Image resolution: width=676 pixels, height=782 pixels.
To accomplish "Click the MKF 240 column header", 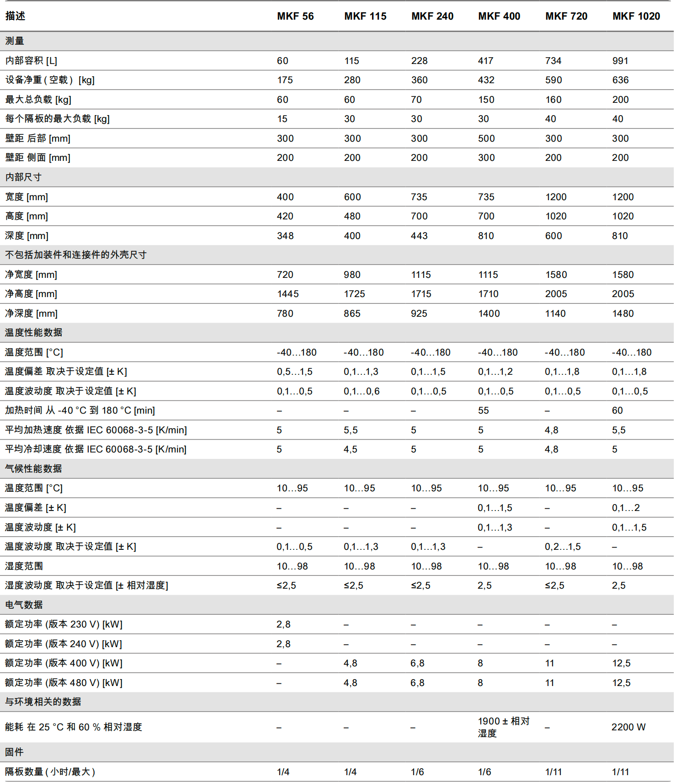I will coord(432,16).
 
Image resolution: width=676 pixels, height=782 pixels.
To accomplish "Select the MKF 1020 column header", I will coord(636,16).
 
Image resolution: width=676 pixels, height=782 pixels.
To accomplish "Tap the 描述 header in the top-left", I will coord(15,16).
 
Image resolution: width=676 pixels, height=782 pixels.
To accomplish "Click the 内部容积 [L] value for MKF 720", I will coord(553,61).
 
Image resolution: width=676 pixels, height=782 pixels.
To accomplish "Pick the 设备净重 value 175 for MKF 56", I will coord(285,80).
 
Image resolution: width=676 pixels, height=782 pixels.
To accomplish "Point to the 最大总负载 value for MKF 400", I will coord(486,100).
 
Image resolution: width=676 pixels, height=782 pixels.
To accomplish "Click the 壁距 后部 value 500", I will coord(486,138).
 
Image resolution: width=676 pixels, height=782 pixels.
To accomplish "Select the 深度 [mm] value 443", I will coord(419,236).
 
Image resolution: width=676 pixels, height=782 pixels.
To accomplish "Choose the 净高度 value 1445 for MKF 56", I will coord(287,294).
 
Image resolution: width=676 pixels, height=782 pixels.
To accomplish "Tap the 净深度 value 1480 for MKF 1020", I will coord(623,314).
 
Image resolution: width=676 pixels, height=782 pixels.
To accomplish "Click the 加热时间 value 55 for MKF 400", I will coord(483,410).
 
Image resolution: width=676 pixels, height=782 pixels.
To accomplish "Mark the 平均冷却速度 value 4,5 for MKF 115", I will coord(350,449).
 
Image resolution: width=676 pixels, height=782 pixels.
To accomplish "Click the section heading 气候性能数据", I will coord(33,468).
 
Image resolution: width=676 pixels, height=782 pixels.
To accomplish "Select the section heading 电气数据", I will coord(24,605).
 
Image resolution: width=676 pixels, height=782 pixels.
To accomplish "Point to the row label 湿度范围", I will coord(24,566).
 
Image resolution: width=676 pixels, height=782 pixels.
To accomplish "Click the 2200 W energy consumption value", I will coord(628,727).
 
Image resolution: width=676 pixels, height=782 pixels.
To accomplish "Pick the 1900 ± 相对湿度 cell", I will coord(503,727).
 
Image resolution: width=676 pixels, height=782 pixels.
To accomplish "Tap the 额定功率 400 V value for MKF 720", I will coord(549,663).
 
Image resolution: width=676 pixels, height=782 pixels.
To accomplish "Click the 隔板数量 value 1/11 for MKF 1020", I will coord(620,772).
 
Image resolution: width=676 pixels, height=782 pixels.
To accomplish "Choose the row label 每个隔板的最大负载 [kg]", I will coord(57,119).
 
